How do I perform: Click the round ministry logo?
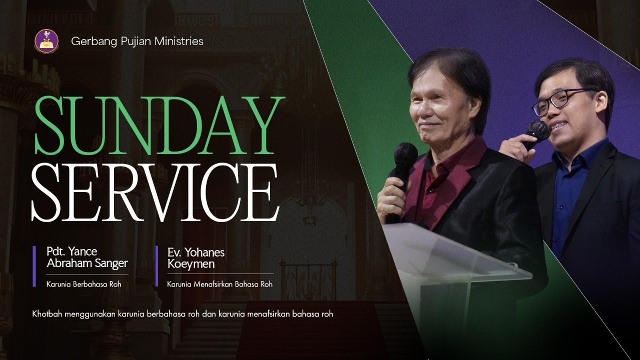(46, 41)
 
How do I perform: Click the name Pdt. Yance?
(71, 251)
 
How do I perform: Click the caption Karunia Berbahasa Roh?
(83, 285)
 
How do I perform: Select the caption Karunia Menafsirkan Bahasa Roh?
(220, 285)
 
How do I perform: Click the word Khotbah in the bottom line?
(46, 314)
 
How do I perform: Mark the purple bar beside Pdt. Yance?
(34, 266)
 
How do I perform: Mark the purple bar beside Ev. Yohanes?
(157, 263)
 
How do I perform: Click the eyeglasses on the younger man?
(560, 99)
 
